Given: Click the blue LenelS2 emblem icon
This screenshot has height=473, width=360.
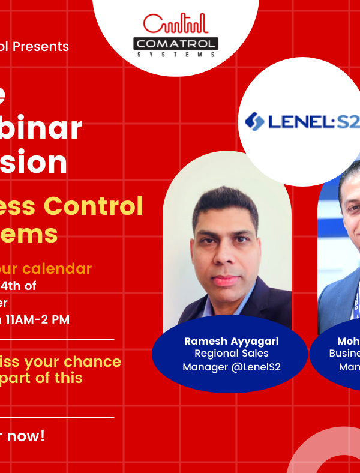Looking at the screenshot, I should pos(254,121).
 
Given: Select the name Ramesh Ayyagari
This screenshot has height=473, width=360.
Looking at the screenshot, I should pos(231,341).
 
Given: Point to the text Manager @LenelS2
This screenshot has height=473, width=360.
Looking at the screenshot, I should pos(231,367).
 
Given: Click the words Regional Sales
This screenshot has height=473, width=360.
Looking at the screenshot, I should pos(231,354).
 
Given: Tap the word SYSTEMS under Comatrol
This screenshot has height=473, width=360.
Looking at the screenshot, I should pos(175,54).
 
